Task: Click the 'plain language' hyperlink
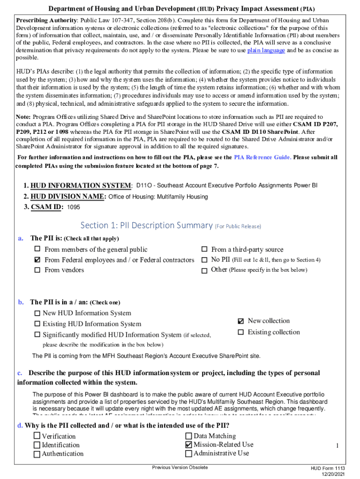tap(266, 51)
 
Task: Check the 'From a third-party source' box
tap(204, 249)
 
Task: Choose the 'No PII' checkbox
tap(204, 260)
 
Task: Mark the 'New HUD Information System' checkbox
tap(37, 313)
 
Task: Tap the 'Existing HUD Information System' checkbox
tap(37, 324)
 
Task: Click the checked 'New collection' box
tap(241, 321)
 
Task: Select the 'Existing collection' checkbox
tap(241, 332)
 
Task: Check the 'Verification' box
tap(36, 436)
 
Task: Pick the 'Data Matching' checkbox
tap(188, 436)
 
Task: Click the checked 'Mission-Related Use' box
tap(188, 444)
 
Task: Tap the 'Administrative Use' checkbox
tap(188, 453)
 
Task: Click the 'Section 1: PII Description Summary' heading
tap(146, 225)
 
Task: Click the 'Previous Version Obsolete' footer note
tap(180, 468)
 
